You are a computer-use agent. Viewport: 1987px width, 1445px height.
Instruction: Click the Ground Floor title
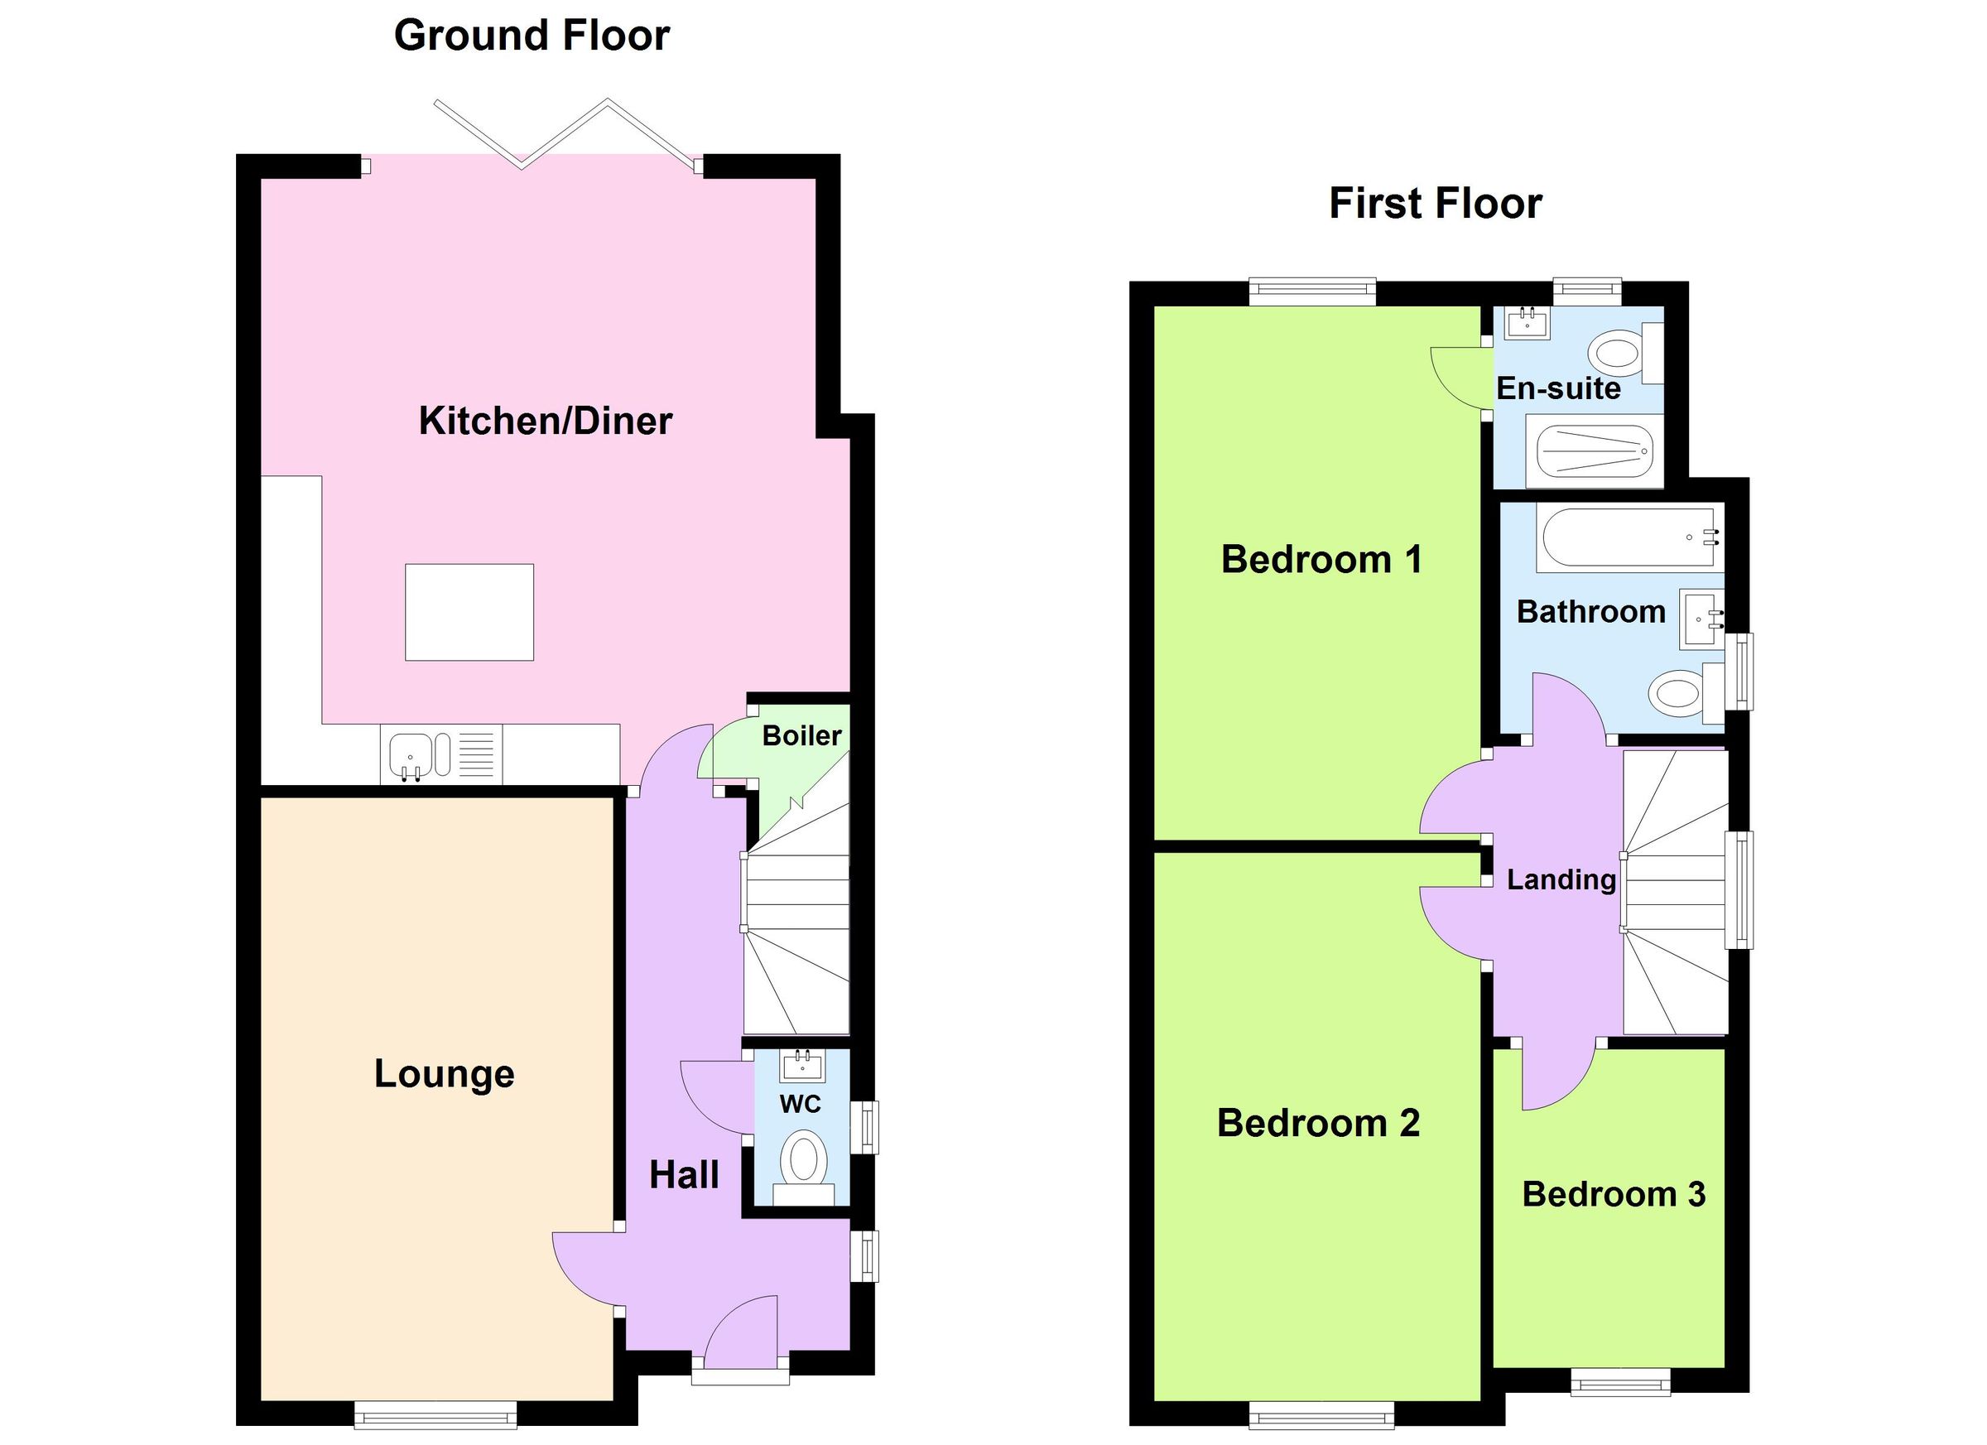pos(532,36)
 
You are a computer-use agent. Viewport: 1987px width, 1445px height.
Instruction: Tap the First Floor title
pos(1435,204)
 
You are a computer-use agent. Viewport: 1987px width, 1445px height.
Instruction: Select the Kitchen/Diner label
pos(545,421)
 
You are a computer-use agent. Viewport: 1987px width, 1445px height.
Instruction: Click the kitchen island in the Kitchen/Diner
pos(469,612)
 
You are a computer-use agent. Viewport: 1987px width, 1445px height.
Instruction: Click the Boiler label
pos(801,736)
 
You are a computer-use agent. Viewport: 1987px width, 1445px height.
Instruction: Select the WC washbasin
pos(801,1067)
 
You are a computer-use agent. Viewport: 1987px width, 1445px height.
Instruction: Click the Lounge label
pos(445,1074)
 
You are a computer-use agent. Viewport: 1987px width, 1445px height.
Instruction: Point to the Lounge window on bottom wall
pos(435,1415)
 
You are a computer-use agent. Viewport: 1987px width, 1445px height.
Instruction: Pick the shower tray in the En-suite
pos(1594,451)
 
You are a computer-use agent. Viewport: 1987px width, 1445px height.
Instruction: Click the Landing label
pos(1561,879)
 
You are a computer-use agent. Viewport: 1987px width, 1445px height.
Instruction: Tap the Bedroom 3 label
pos(1613,1195)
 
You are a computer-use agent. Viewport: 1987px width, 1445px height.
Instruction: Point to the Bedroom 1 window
pos(1311,291)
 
